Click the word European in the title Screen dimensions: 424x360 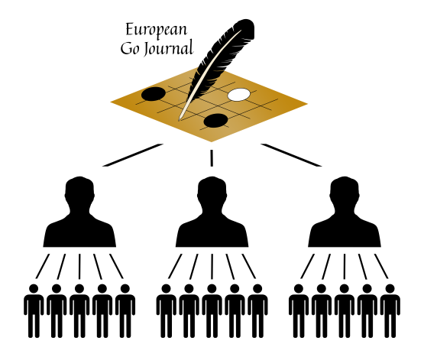(157, 31)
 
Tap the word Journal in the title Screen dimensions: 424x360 (168, 48)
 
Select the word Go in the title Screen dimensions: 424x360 (130, 49)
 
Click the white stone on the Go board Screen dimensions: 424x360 (239, 95)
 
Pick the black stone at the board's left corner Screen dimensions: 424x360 (154, 94)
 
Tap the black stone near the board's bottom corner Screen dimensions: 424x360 (215, 120)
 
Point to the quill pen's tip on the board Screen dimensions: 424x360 (179, 119)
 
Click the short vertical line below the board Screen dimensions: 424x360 (212, 158)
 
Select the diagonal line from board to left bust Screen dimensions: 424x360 (133, 155)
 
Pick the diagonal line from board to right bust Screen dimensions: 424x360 (291, 155)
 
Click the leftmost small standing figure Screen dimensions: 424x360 (34, 311)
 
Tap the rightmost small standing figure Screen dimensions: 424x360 (390, 311)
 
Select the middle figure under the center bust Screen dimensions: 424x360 (212, 311)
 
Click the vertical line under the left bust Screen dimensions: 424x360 (79, 267)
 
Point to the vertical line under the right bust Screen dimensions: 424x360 (345, 267)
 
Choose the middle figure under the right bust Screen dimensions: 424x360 (345, 311)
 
